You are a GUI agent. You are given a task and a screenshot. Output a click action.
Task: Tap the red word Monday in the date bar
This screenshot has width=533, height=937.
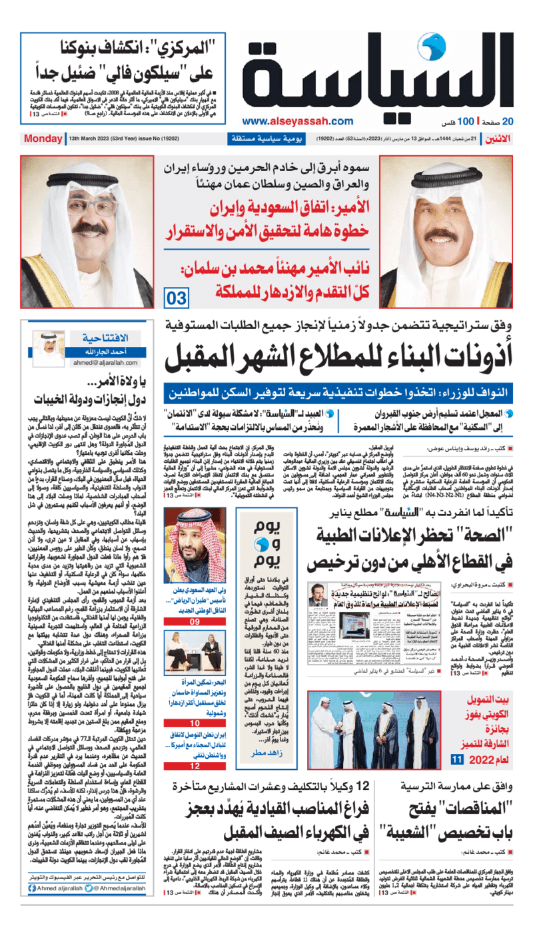click(x=43, y=139)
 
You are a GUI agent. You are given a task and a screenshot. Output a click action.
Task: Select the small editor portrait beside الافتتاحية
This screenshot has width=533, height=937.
click(x=48, y=347)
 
